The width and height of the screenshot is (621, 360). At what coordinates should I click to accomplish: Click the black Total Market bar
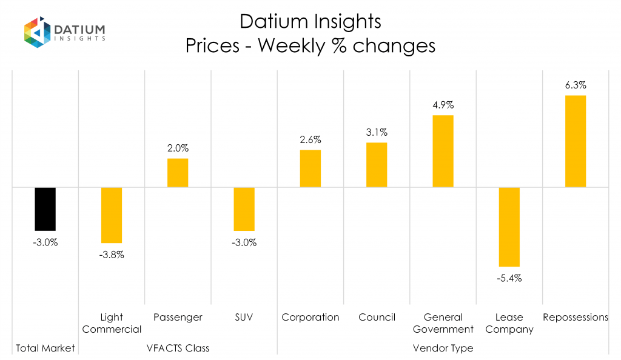click(45, 209)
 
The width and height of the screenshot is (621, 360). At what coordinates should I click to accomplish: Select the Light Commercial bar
click(112, 215)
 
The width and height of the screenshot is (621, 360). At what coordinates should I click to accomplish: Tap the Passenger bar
click(178, 173)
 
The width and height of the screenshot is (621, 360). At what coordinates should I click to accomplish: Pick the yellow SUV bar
click(244, 209)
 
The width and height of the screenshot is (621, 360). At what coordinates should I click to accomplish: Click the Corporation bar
click(310, 168)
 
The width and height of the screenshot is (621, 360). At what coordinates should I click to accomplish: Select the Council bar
click(377, 165)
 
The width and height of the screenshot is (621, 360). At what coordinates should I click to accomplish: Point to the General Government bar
click(443, 151)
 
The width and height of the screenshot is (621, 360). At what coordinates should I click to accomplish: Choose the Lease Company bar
click(509, 227)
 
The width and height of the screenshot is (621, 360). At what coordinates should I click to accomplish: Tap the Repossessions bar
click(576, 141)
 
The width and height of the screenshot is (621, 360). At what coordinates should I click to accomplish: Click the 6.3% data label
click(576, 85)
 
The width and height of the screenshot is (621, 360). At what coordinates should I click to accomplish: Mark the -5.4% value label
click(509, 279)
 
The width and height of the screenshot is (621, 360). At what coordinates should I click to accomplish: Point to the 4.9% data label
click(443, 105)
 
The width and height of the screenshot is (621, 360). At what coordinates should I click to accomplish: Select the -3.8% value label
click(112, 255)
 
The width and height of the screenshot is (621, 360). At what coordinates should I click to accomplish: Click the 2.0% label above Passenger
click(178, 148)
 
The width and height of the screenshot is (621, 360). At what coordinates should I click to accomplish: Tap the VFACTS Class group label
click(178, 348)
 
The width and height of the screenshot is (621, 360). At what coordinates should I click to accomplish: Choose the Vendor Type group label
click(443, 348)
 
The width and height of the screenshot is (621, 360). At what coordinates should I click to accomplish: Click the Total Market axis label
click(45, 348)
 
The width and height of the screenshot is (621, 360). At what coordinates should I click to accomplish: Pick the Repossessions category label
click(576, 318)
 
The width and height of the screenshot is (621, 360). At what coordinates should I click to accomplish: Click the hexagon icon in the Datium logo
click(36, 32)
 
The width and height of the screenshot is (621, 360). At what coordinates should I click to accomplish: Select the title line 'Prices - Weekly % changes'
click(310, 45)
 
